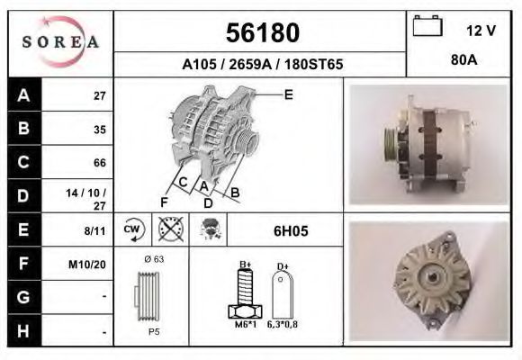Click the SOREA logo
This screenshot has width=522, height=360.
[60, 42]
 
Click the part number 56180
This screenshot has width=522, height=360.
[261, 33]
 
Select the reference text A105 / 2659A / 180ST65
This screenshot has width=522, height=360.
[261, 66]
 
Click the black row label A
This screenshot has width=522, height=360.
[23, 95]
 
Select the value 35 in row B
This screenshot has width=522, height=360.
[100, 129]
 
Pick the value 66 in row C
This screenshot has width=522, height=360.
[100, 163]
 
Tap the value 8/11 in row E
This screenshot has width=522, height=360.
[94, 231]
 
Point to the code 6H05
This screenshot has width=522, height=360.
[291, 231]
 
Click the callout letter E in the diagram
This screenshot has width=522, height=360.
[288, 94]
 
